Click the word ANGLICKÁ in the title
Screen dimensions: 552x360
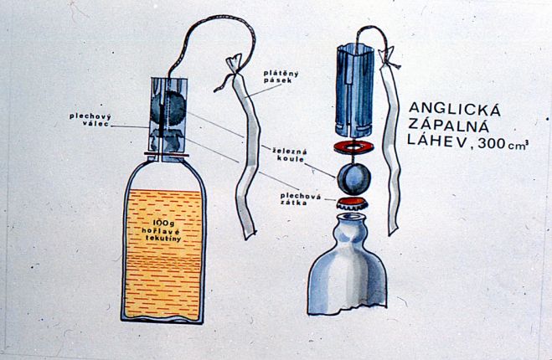[455, 110]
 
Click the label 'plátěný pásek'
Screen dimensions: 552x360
[281, 77]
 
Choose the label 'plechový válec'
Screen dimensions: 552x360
[90, 120]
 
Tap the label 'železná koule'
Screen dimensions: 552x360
[290, 156]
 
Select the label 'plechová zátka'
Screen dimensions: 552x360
[300, 199]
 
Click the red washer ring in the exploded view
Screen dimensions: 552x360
[353, 147]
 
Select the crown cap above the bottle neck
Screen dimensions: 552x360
[353, 203]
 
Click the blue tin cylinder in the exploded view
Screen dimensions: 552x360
[354, 90]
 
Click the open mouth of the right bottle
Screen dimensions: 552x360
[351, 216]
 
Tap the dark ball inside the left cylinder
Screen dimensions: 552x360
[168, 108]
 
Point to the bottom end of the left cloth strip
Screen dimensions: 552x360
[250, 235]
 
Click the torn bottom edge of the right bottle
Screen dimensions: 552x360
[348, 311]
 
